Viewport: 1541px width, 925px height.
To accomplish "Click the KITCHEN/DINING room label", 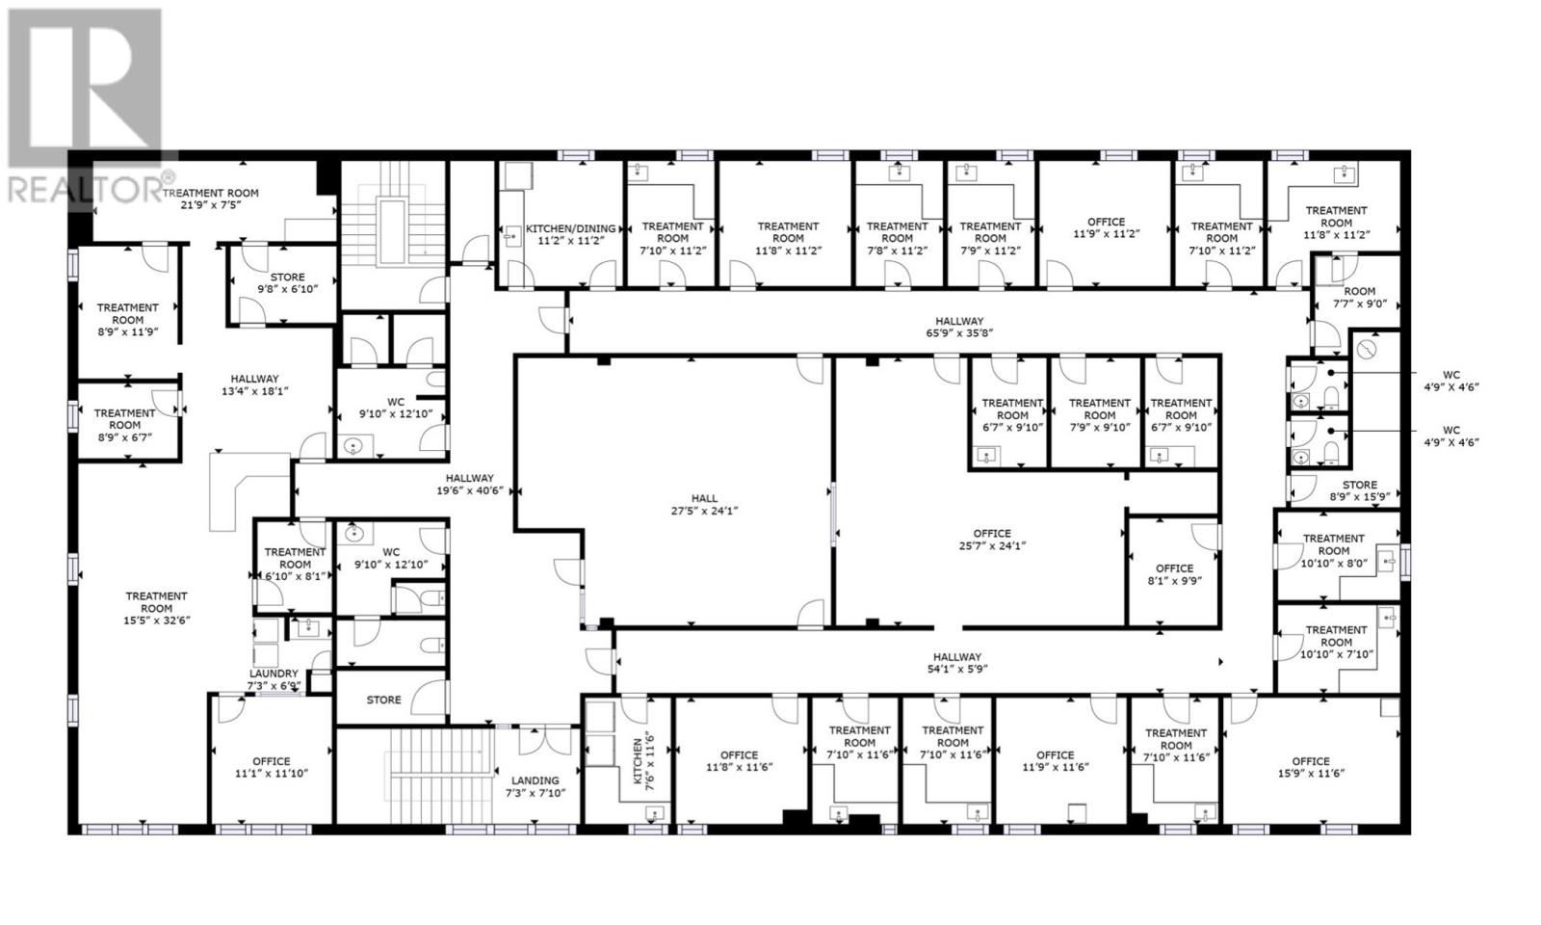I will pos(570,234).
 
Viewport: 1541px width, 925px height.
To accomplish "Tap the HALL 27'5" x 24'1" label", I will pos(704,505).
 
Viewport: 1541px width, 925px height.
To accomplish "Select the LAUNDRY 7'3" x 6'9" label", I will pos(274,680).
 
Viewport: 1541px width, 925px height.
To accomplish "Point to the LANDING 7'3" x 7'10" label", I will pos(535,786).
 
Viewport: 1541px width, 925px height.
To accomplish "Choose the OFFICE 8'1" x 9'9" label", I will pos(1174,574).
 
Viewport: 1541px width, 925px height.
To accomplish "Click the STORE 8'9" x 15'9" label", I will pos(1359,491).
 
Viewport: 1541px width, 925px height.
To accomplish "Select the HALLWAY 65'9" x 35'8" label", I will pos(959,328).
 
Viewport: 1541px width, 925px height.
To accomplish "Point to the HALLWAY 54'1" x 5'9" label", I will pos(956,663).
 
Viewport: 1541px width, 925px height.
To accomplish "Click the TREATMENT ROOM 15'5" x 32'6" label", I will pos(156,608).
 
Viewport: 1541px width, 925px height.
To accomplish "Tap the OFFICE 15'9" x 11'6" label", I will pos(1311,767).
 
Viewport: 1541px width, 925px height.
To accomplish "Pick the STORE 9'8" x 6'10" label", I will pos(287,282).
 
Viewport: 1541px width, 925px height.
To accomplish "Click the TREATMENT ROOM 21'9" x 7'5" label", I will pos(223,198).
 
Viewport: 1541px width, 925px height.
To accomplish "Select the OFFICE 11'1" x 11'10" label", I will pos(271,767).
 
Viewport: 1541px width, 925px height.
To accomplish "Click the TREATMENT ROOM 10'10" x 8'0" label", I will pos(1333,550).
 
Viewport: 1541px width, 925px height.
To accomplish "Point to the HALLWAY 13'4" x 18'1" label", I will pos(254,384).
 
